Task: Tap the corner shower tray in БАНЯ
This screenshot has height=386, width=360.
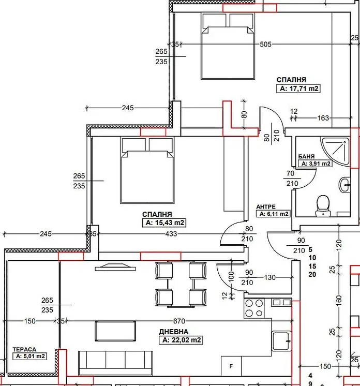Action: coord(336,151)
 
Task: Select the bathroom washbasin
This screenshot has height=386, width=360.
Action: coord(344,185)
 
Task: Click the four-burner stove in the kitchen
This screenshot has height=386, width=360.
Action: coord(254,308)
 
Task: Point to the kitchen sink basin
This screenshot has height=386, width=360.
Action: coord(281,341)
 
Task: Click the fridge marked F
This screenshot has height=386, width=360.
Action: coord(231,366)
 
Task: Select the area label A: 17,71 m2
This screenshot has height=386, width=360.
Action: coord(298,88)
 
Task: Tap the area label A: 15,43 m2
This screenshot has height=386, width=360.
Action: coord(164,222)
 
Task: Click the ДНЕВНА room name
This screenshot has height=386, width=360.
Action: coord(174,332)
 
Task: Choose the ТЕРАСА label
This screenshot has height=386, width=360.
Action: coord(24,349)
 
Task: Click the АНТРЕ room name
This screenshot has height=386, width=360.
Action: coord(266,207)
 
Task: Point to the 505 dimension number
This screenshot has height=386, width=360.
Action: coord(265,44)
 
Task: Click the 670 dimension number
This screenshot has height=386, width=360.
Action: coord(179,321)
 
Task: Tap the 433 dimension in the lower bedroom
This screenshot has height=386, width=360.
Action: coord(171,234)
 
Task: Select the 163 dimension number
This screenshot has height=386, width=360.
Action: coord(323,118)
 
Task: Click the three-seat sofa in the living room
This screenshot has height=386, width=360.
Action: coord(115,363)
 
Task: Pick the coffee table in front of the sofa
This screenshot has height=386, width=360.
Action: coord(115,331)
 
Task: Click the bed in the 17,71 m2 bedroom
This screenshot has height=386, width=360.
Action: coord(228,46)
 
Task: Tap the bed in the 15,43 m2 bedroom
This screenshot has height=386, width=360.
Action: coord(147,170)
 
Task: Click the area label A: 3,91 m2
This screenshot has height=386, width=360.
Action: coord(315,164)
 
